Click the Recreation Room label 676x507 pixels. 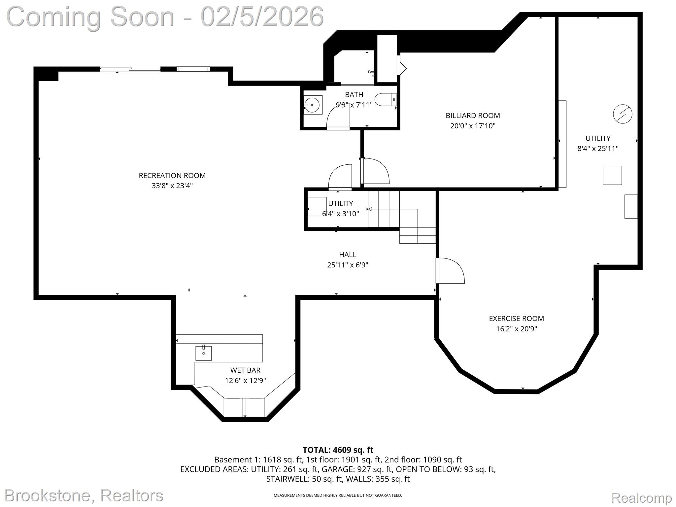(172, 176)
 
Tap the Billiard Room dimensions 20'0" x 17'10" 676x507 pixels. (473, 126)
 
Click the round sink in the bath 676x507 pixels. (312, 105)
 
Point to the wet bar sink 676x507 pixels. (204, 353)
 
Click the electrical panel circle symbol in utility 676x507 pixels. (623, 114)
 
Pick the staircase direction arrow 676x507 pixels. (370, 209)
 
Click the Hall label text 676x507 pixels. (348, 254)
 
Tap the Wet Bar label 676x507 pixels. (245, 370)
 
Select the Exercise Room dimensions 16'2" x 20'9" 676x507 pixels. (516, 329)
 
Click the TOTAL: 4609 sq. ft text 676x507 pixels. (338, 450)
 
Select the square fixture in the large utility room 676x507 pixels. (612, 175)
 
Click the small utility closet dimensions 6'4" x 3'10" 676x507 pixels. (340, 214)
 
